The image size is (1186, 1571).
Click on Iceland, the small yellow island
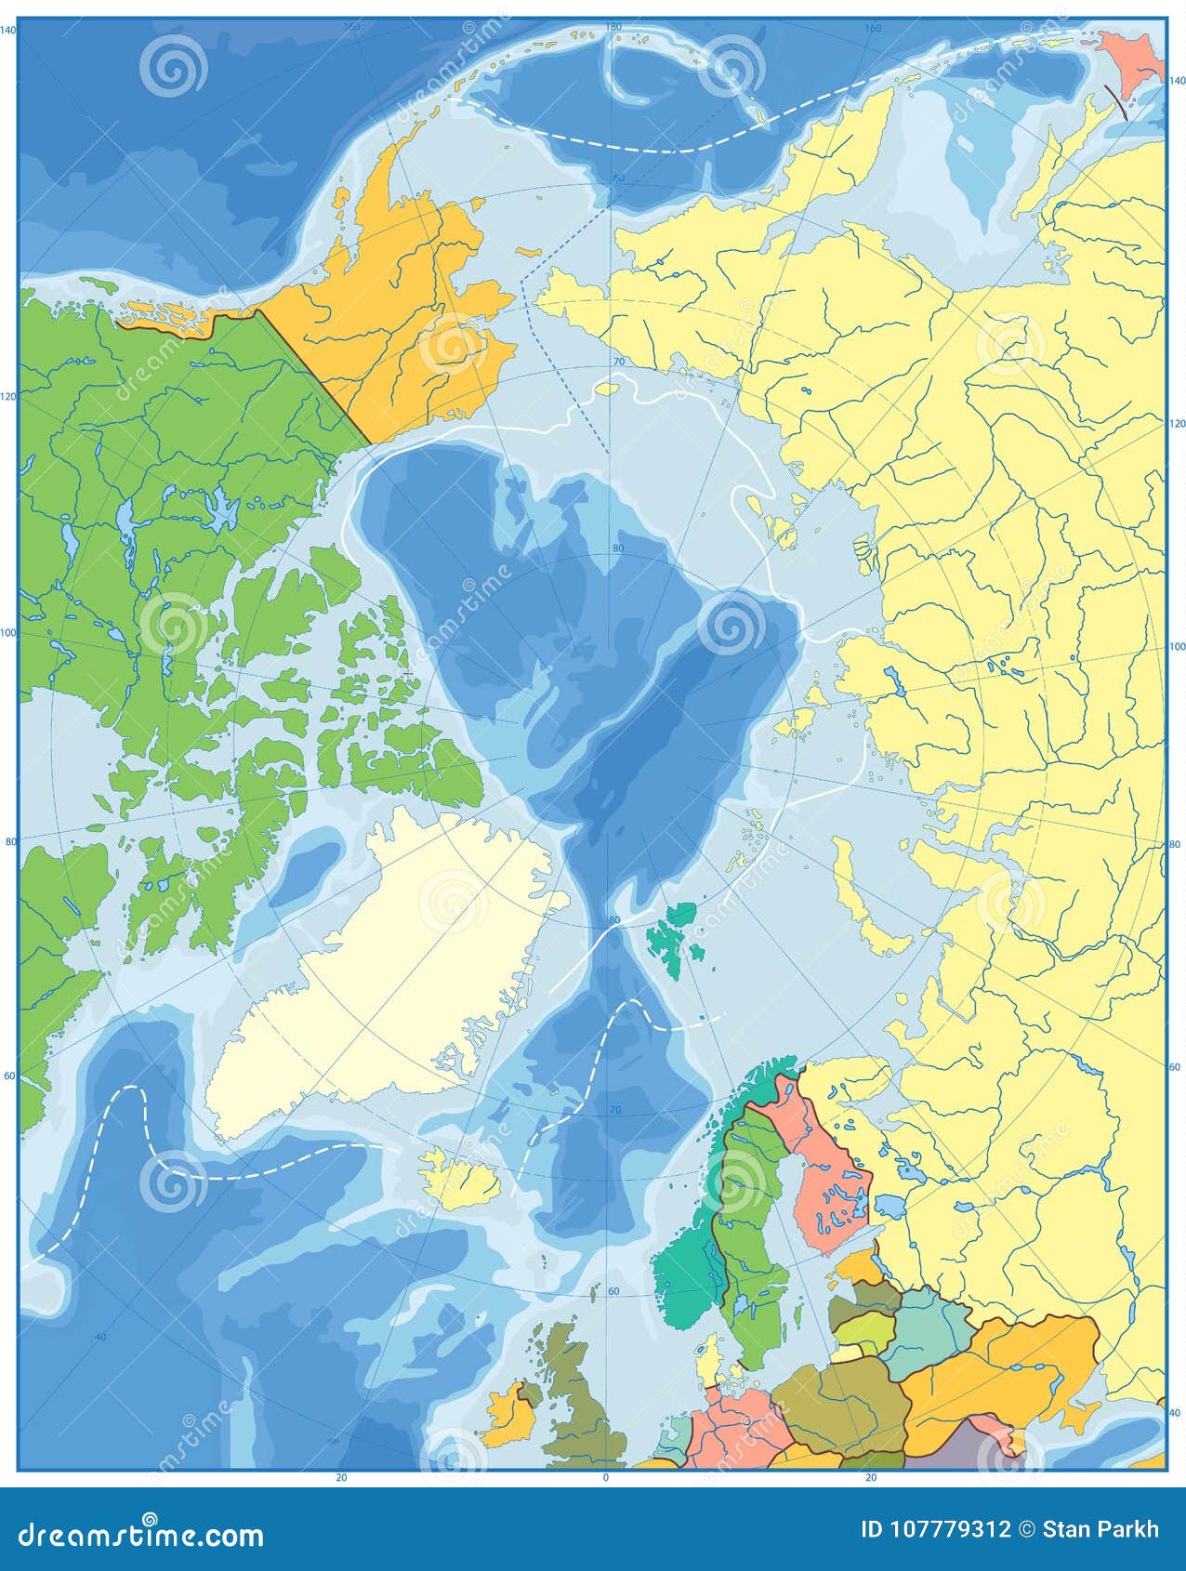[x=455, y=1177]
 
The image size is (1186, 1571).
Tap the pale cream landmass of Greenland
[x=390, y=985]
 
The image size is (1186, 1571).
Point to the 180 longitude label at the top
[x=613, y=27]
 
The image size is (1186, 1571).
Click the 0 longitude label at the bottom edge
[x=606, y=1477]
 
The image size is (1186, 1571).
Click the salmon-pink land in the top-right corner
[x=1129, y=60]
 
